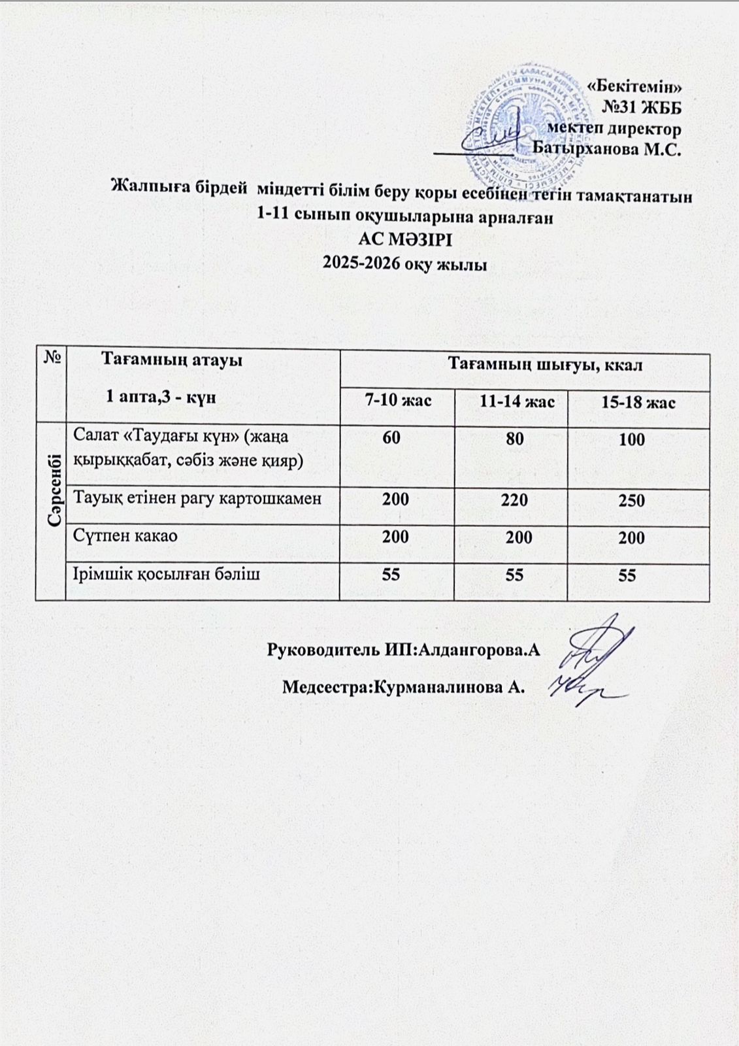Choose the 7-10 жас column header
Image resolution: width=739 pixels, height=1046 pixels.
coord(398,400)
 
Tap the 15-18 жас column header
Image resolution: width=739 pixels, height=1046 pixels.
coord(638,402)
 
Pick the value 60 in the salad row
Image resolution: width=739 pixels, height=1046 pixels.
coord(391,438)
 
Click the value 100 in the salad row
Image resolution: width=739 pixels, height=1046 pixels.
coord(632,439)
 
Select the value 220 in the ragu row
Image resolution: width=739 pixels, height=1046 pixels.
coord(515,500)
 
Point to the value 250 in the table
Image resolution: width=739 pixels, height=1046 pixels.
coord(632,501)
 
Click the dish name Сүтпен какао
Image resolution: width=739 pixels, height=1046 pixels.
coord(125,536)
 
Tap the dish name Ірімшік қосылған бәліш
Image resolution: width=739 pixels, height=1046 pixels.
coord(167,574)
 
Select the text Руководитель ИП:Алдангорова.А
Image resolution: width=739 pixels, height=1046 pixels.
coord(404,650)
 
